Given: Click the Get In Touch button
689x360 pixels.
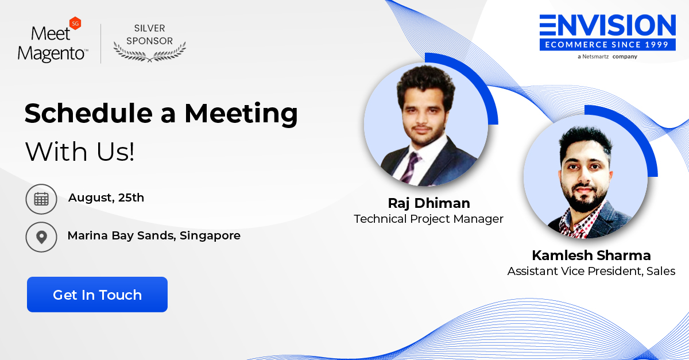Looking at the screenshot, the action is click(97, 295).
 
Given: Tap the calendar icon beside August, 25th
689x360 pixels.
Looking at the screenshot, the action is click(41, 199).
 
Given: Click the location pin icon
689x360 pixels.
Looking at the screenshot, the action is click(41, 237).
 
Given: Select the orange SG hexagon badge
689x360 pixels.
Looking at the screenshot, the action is click(75, 24).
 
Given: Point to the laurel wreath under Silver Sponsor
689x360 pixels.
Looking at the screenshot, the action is click(149, 52).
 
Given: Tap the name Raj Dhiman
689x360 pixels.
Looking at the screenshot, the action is click(429, 203).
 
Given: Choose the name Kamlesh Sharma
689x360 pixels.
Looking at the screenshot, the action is click(591, 256).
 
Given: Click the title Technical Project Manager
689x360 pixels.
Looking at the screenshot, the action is click(428, 219).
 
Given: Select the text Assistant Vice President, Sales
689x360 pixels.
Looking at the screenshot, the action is click(591, 271).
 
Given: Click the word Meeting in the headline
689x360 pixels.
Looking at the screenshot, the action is click(241, 114).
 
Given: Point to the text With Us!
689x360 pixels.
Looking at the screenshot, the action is click(80, 152).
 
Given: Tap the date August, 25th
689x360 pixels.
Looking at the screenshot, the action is click(106, 198).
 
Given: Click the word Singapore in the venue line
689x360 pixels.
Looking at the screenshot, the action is click(210, 235).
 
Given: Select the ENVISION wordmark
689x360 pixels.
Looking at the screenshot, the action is click(607, 25).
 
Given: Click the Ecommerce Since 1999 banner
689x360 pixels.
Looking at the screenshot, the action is click(607, 45).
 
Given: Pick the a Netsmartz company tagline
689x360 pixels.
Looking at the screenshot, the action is click(607, 57).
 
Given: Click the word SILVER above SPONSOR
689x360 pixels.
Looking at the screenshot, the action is click(149, 28).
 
